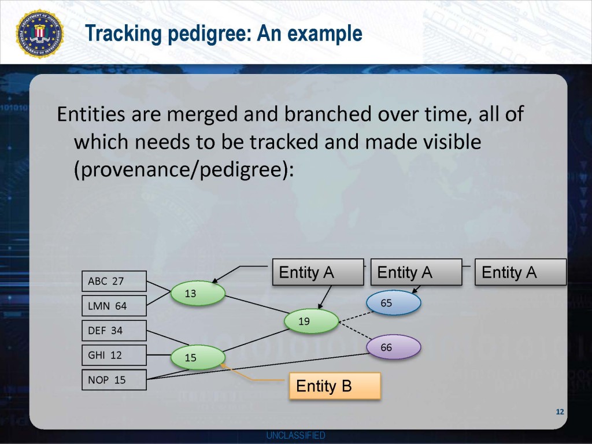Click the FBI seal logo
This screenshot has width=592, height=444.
click(x=40, y=34)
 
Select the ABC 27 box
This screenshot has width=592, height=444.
click(x=114, y=282)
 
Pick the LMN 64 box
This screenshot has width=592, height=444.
click(x=114, y=306)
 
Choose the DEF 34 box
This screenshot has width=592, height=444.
click(x=114, y=331)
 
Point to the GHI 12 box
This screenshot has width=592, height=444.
click(x=114, y=355)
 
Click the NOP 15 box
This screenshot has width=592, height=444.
click(x=114, y=380)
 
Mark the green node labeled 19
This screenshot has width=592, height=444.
click(x=311, y=321)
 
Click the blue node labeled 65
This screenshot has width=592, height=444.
click(x=393, y=303)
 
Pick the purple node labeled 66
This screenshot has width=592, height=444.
click(x=393, y=347)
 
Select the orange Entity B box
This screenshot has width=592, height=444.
click(x=335, y=386)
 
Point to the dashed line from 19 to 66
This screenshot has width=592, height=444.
click(x=353, y=335)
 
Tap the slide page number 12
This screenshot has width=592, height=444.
click(x=559, y=412)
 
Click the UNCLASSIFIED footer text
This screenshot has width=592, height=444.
click(x=295, y=435)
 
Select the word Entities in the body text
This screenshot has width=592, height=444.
click(x=91, y=114)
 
